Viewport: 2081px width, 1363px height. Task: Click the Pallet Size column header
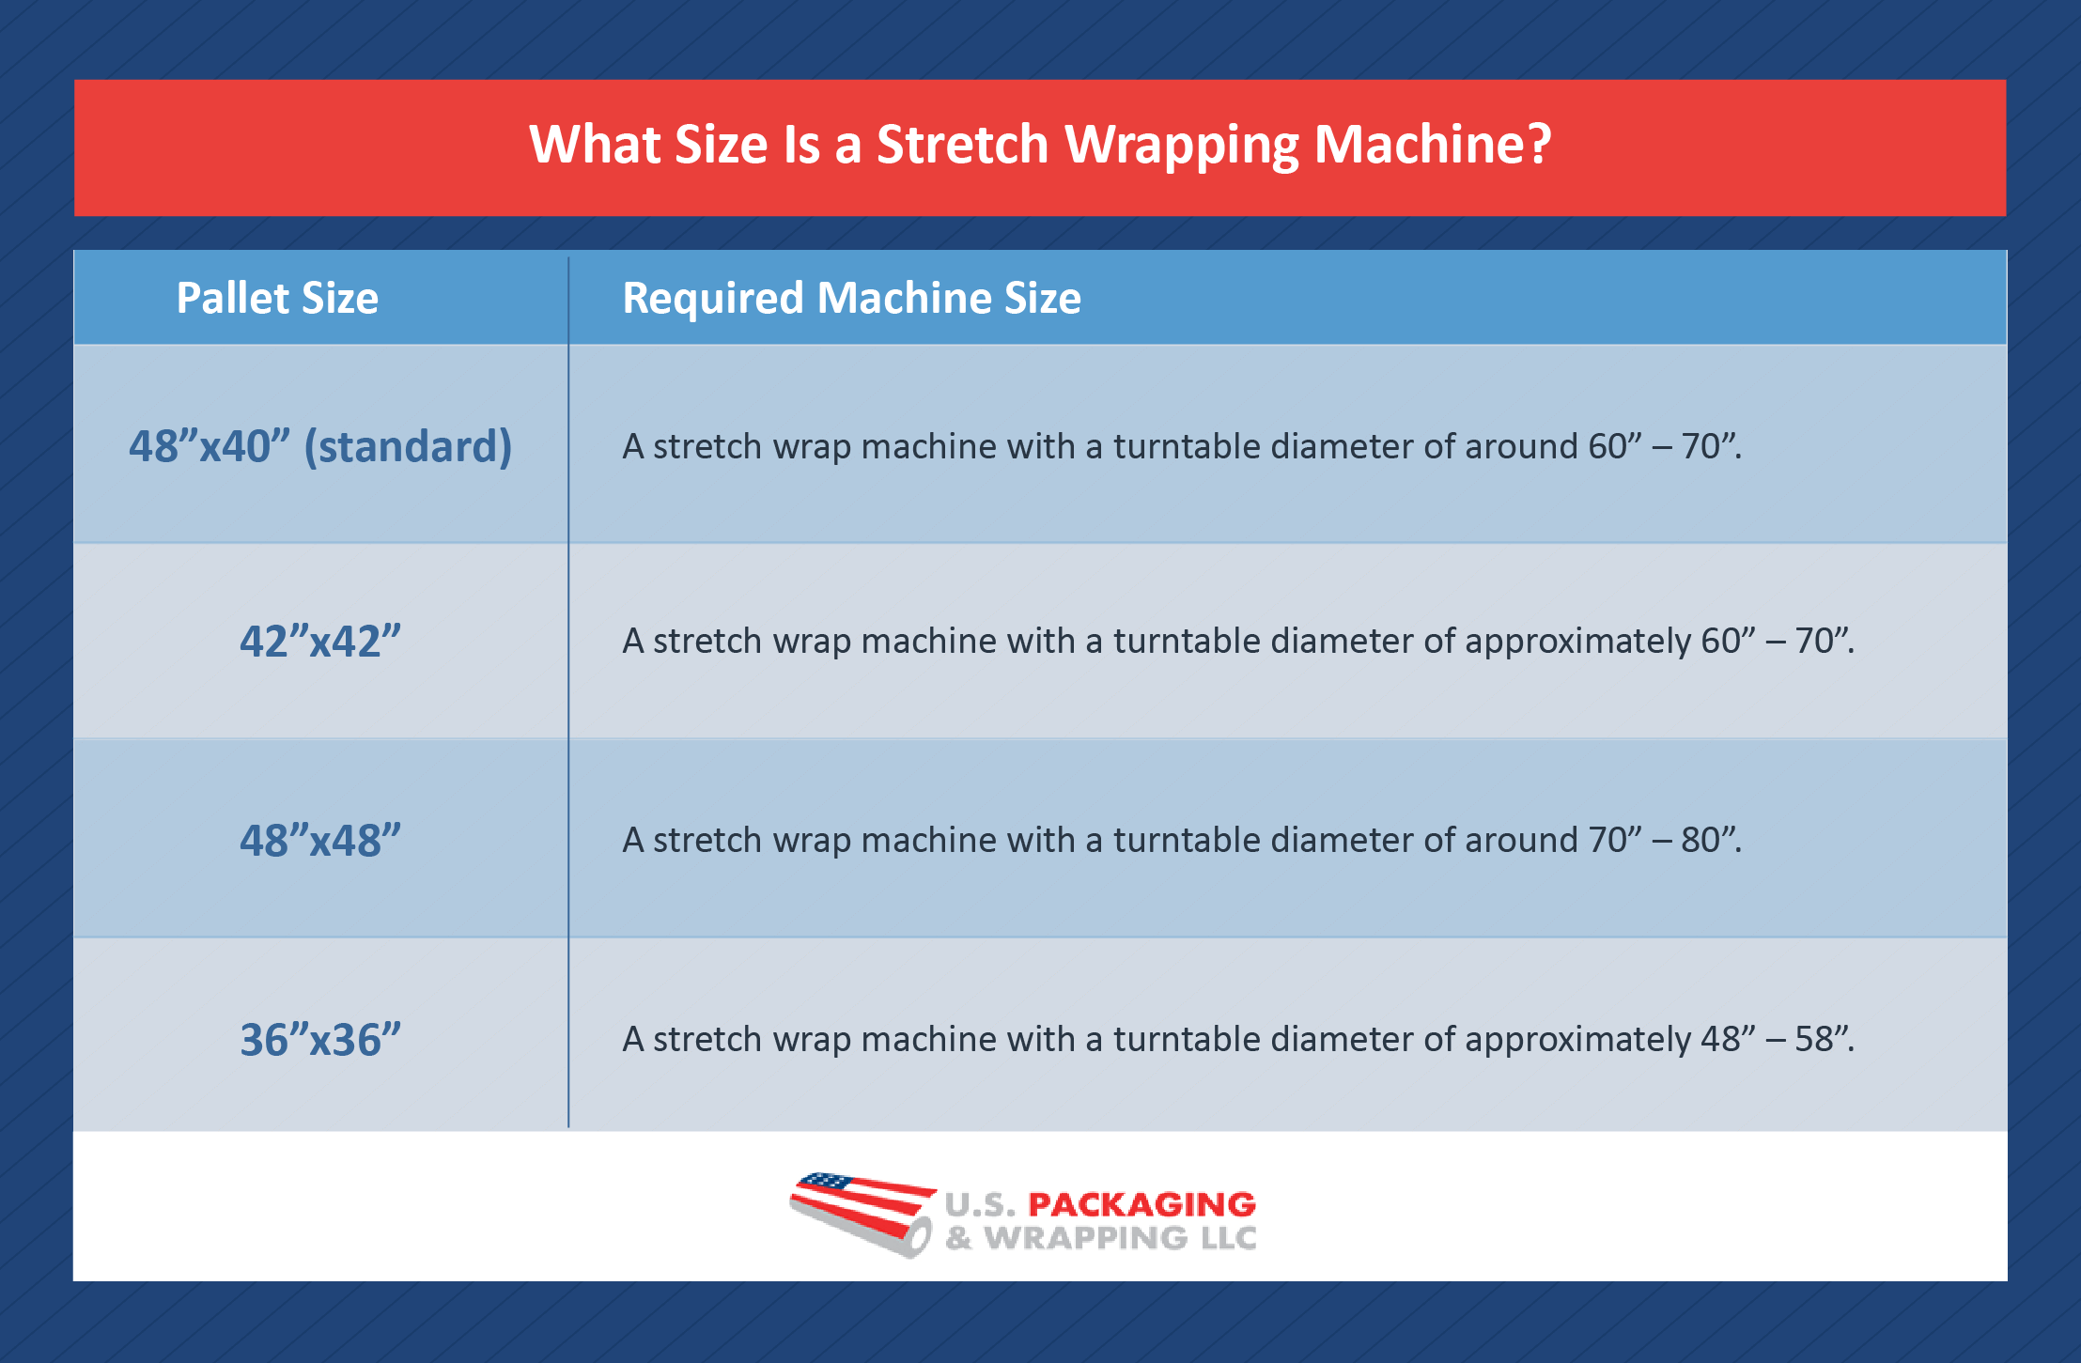tap(277, 299)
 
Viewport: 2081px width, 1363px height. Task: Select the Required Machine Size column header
tap(851, 299)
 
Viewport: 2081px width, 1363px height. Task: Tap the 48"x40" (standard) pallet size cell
tap(320, 446)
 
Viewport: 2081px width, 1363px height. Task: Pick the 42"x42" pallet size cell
tap(320, 642)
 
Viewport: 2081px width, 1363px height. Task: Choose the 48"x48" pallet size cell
tap(320, 841)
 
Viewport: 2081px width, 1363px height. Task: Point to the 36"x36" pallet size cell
tap(320, 1040)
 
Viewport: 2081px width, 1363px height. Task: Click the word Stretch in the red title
tap(962, 145)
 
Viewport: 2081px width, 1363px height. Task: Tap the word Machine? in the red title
tap(1432, 145)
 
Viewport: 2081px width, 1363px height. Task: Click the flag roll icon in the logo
tap(862, 1214)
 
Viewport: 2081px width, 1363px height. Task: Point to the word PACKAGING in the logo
tap(1141, 1204)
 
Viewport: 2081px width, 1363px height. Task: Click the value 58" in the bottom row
tap(1822, 1039)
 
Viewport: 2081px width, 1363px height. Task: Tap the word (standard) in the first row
tap(408, 446)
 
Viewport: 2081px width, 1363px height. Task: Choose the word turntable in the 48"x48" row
tap(1187, 840)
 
